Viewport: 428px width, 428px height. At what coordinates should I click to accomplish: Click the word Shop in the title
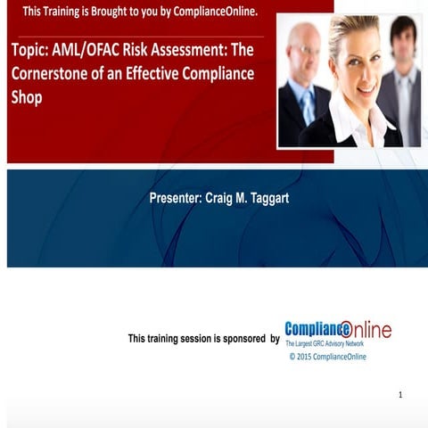pyautogui.click(x=27, y=96)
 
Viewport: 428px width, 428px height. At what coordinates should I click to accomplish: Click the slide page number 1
pyautogui.click(x=400, y=394)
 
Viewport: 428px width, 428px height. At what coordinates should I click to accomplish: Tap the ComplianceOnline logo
pyautogui.click(x=337, y=330)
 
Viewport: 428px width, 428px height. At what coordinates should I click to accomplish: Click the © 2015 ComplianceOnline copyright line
pyautogui.click(x=327, y=357)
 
